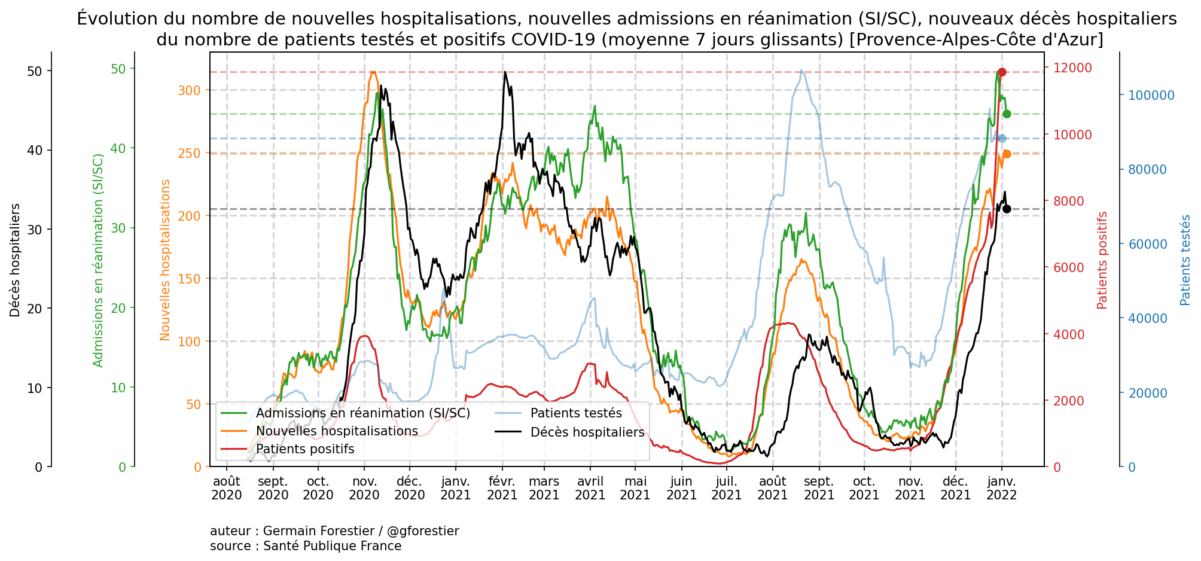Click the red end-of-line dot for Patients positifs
[x=1002, y=72]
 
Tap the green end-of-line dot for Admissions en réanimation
[x=1007, y=114]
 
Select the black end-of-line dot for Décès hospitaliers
[x=1007, y=209]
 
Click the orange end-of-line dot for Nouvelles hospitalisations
[x=1007, y=154]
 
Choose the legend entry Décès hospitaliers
[x=587, y=432]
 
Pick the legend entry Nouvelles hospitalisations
[x=336, y=431]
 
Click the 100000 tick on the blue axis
[x=1151, y=96]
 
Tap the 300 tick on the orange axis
[x=190, y=91]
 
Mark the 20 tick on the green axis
[x=119, y=308]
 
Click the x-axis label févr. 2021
[x=502, y=488]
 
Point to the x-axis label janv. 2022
[x=1001, y=488]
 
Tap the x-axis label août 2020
[x=227, y=488]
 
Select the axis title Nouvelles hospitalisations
[x=166, y=260]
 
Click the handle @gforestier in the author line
[x=423, y=531]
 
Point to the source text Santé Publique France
[x=332, y=546]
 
